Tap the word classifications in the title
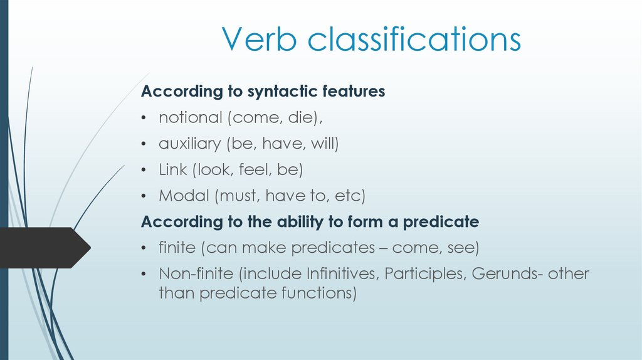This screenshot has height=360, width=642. coord(414,40)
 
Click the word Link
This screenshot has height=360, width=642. coord(172,170)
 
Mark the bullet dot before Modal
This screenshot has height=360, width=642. coord(144,196)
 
